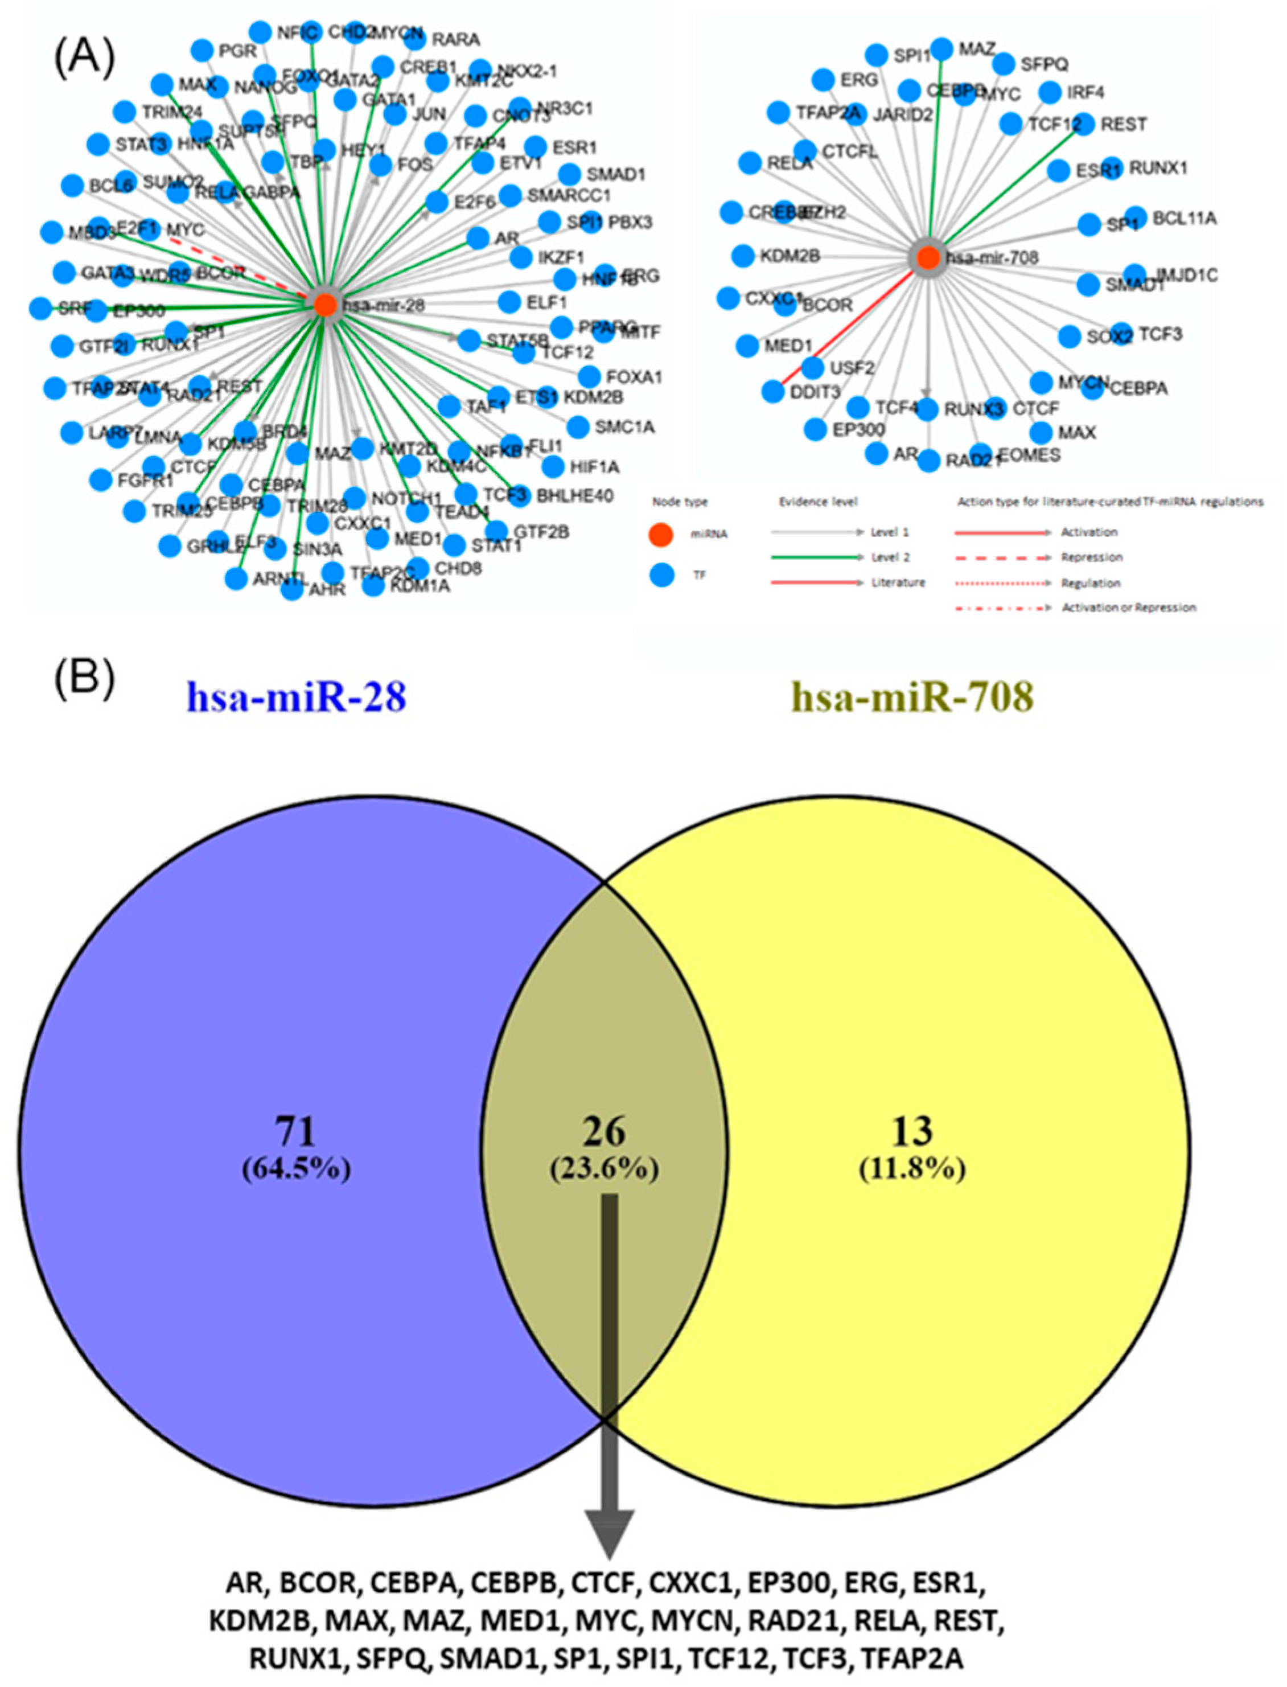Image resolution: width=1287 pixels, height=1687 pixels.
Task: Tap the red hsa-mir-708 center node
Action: click(x=928, y=257)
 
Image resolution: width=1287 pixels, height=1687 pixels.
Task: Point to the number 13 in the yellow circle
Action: click(x=912, y=1131)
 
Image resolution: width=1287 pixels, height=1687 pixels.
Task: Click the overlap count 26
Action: click(x=604, y=1131)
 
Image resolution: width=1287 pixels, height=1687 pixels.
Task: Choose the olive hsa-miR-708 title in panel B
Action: click(x=912, y=697)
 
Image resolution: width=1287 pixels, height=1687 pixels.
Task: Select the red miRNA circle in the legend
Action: click(x=661, y=534)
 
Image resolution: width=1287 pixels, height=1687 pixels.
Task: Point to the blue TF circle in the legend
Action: click(x=661, y=574)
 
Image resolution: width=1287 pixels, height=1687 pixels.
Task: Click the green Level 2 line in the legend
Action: click(x=816, y=557)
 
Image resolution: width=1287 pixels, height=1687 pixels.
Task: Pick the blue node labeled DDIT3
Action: click(x=774, y=392)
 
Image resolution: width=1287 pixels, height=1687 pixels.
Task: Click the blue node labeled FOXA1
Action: click(x=589, y=376)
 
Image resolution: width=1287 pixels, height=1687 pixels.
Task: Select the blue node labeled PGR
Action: click(x=202, y=51)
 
